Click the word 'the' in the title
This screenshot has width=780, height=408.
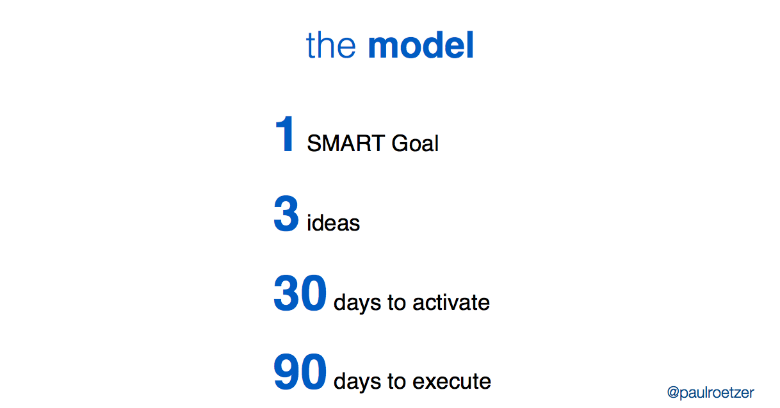click(330, 46)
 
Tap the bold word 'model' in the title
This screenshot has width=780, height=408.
click(421, 46)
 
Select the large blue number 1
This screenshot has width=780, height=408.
click(285, 135)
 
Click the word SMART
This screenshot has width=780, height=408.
click(346, 143)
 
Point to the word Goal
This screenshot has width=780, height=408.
click(415, 143)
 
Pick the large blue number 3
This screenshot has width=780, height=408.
click(286, 215)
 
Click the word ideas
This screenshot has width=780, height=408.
click(333, 223)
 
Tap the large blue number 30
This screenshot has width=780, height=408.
click(300, 294)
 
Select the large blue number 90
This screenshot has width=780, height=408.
click(300, 373)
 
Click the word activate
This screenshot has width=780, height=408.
click(451, 302)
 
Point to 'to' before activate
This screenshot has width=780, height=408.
click(396, 302)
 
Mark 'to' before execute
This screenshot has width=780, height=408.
click(396, 382)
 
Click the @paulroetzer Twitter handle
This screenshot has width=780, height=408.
click(710, 392)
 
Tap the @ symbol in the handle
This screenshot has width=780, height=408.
click(673, 392)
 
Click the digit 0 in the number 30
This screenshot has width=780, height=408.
click(314, 294)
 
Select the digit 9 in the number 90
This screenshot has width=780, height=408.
click(287, 373)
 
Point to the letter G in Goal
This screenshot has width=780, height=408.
click(400, 143)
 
